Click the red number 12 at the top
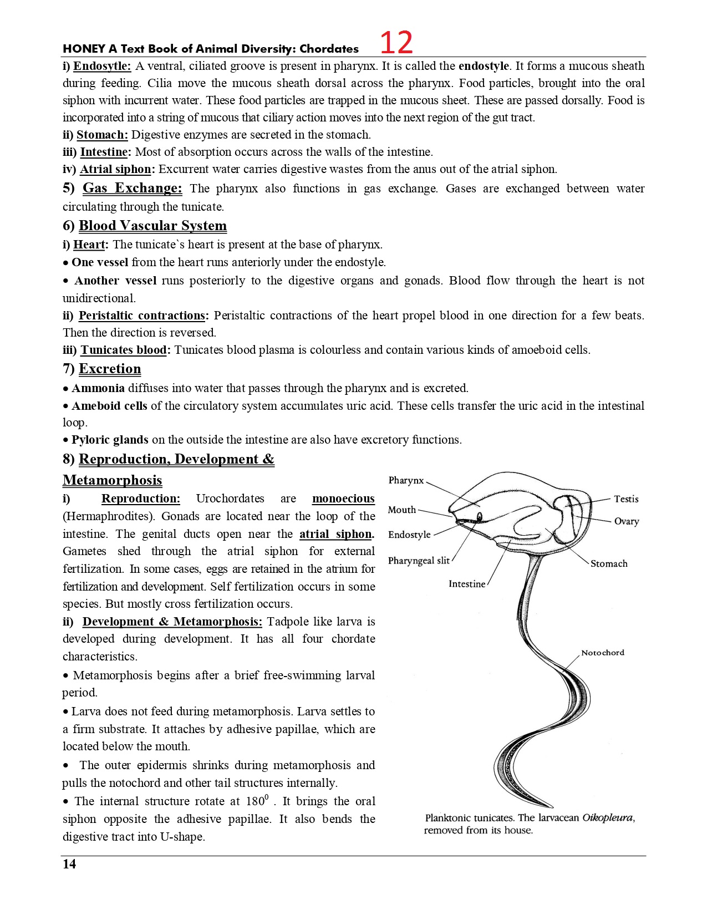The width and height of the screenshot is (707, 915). tap(396, 43)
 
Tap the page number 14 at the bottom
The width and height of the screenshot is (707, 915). tap(69, 864)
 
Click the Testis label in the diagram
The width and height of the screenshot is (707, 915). tap(626, 499)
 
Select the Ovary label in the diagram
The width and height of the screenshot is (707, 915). tap(627, 521)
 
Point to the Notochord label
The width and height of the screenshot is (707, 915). tap(603, 653)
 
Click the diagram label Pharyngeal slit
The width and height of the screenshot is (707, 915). tap(419, 561)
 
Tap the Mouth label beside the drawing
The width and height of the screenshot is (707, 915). tap(402, 510)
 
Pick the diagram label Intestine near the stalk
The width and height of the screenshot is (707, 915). tap(467, 584)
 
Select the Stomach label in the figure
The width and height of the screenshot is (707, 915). tap(609, 563)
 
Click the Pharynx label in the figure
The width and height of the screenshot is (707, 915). tap(406, 480)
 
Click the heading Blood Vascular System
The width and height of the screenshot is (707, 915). tap(152, 226)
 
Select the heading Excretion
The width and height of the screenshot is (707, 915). tap(110, 369)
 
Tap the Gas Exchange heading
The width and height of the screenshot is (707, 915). tap(132, 188)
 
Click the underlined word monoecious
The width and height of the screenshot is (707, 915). tap(343, 499)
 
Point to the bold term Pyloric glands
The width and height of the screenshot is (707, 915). tap(110, 440)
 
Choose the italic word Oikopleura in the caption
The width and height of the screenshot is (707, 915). tap(608, 818)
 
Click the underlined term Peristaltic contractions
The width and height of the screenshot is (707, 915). tap(142, 316)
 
